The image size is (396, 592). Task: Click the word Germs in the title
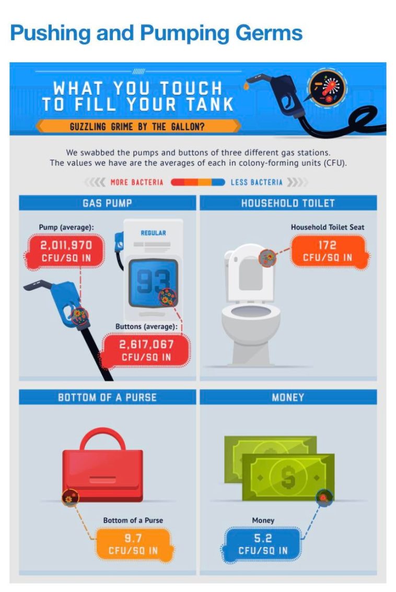tap(269, 33)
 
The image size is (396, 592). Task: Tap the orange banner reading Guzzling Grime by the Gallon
tap(137, 126)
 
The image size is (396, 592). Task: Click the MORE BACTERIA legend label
tap(137, 183)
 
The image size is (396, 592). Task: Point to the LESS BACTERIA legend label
tap(257, 183)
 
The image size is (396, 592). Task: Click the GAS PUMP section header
tap(107, 203)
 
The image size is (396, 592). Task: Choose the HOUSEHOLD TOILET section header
tap(288, 203)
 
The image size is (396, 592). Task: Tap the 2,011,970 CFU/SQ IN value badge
tap(66, 252)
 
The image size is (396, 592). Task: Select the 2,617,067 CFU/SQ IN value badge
tap(146, 350)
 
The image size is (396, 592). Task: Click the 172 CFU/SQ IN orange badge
tap(328, 252)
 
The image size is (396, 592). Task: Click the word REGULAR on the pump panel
tap(153, 233)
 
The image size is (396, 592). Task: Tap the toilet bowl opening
tap(251, 312)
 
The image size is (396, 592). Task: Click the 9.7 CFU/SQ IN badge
tap(133, 544)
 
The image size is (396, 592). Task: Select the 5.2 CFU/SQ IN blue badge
tap(262, 544)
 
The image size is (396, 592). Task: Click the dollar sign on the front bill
tap(288, 477)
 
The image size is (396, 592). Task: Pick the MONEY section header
tap(288, 397)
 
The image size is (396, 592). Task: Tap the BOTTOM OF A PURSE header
tap(107, 397)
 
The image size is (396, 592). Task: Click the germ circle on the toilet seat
tap(267, 258)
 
